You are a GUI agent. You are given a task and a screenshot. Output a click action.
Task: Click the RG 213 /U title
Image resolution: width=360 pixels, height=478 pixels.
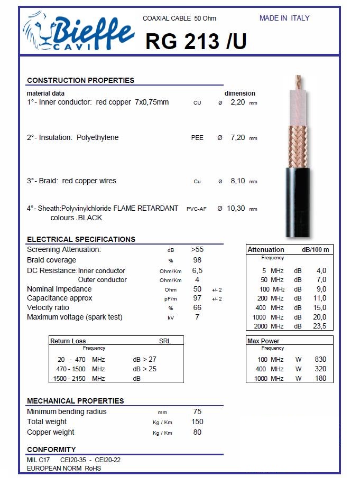(196, 41)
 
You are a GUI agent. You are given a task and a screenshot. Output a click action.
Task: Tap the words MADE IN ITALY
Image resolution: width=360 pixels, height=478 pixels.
(284, 18)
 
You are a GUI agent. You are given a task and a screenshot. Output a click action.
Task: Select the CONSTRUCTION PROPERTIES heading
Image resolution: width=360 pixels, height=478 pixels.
(80, 80)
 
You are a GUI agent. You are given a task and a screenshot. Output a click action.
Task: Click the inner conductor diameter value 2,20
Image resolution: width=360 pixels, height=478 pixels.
(238, 102)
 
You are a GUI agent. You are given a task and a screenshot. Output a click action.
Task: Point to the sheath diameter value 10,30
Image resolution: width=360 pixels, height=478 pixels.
(236, 209)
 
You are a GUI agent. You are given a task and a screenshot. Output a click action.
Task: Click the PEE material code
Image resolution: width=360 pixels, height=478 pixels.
(197, 138)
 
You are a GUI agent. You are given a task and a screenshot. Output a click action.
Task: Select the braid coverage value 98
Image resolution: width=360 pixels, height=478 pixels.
(197, 260)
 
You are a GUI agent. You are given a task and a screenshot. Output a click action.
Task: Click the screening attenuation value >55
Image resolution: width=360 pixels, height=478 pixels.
(197, 249)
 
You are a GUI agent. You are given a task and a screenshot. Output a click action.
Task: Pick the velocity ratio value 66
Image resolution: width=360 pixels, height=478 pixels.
(197, 308)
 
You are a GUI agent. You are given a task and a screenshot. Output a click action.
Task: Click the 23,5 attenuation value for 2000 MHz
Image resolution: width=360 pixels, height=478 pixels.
(320, 326)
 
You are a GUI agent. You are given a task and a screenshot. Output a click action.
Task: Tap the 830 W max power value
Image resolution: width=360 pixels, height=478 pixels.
(320, 360)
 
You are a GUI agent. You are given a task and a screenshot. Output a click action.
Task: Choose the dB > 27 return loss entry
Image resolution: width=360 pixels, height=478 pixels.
(144, 360)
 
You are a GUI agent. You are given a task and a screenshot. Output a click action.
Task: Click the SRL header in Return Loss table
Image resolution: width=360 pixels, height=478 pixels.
(165, 341)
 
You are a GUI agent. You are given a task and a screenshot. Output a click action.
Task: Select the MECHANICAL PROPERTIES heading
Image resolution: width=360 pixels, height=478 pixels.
(75, 401)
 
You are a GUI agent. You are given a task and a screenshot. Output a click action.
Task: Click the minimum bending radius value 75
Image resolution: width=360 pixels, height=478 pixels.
(197, 411)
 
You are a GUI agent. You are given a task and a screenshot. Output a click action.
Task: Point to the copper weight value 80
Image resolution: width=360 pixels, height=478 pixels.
(197, 432)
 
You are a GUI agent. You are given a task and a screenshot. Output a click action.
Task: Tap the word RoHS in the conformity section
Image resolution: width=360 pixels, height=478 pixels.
(93, 468)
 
